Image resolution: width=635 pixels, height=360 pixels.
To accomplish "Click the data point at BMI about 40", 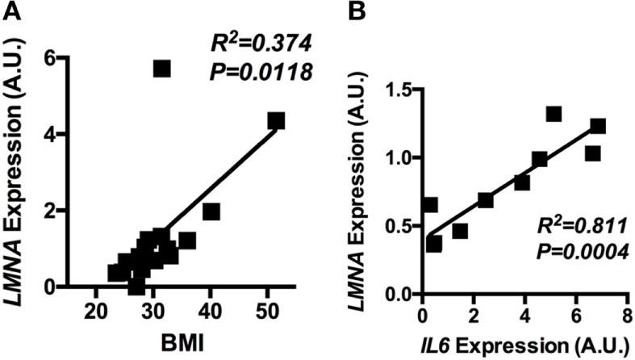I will [211, 211].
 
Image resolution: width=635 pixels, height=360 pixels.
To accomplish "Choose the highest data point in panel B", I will [554, 114].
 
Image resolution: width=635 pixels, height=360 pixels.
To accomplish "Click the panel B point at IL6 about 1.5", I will [460, 231].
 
